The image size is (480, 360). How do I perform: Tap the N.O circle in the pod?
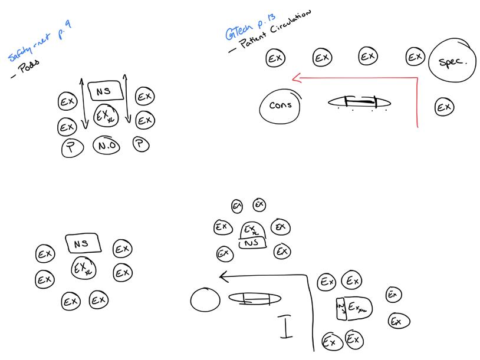[x=106, y=146]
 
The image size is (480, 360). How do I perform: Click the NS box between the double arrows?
[x=106, y=91]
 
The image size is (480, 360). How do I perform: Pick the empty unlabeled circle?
[x=205, y=300]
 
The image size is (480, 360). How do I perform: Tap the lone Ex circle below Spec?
[x=444, y=107]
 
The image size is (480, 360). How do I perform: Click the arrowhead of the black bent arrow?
[x=222, y=275]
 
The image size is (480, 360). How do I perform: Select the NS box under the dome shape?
[x=252, y=242]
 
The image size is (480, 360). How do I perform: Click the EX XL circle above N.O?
[x=106, y=115]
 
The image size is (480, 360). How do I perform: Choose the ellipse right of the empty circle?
[x=251, y=299]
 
